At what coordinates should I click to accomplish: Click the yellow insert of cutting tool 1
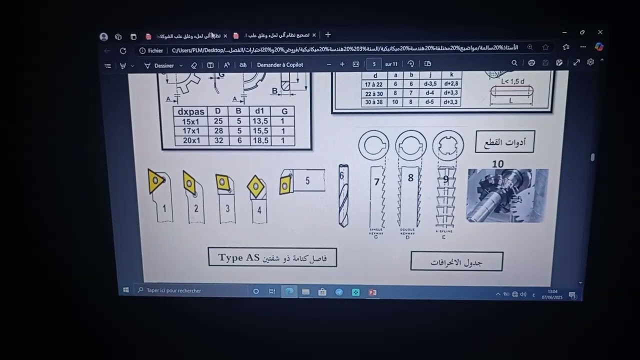(155, 180)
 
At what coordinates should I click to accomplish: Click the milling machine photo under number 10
(507, 195)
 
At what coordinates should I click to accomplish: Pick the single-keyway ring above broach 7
(373, 146)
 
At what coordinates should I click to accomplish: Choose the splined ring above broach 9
(448, 146)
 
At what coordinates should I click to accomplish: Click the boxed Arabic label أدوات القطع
(505, 142)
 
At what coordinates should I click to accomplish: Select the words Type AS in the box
(239, 257)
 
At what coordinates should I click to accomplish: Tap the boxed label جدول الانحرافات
(456, 262)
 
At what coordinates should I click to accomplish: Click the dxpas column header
(191, 111)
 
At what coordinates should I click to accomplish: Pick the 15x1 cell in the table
(191, 121)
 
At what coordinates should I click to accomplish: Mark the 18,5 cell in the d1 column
(260, 140)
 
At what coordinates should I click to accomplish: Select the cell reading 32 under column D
(218, 140)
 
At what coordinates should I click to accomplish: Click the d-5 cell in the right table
(429, 102)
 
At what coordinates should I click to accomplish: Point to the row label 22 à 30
(373, 93)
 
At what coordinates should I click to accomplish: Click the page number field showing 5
(373, 64)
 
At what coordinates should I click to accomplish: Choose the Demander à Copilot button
(280, 65)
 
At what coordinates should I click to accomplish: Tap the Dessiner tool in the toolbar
(159, 65)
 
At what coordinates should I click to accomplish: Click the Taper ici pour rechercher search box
(190, 290)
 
